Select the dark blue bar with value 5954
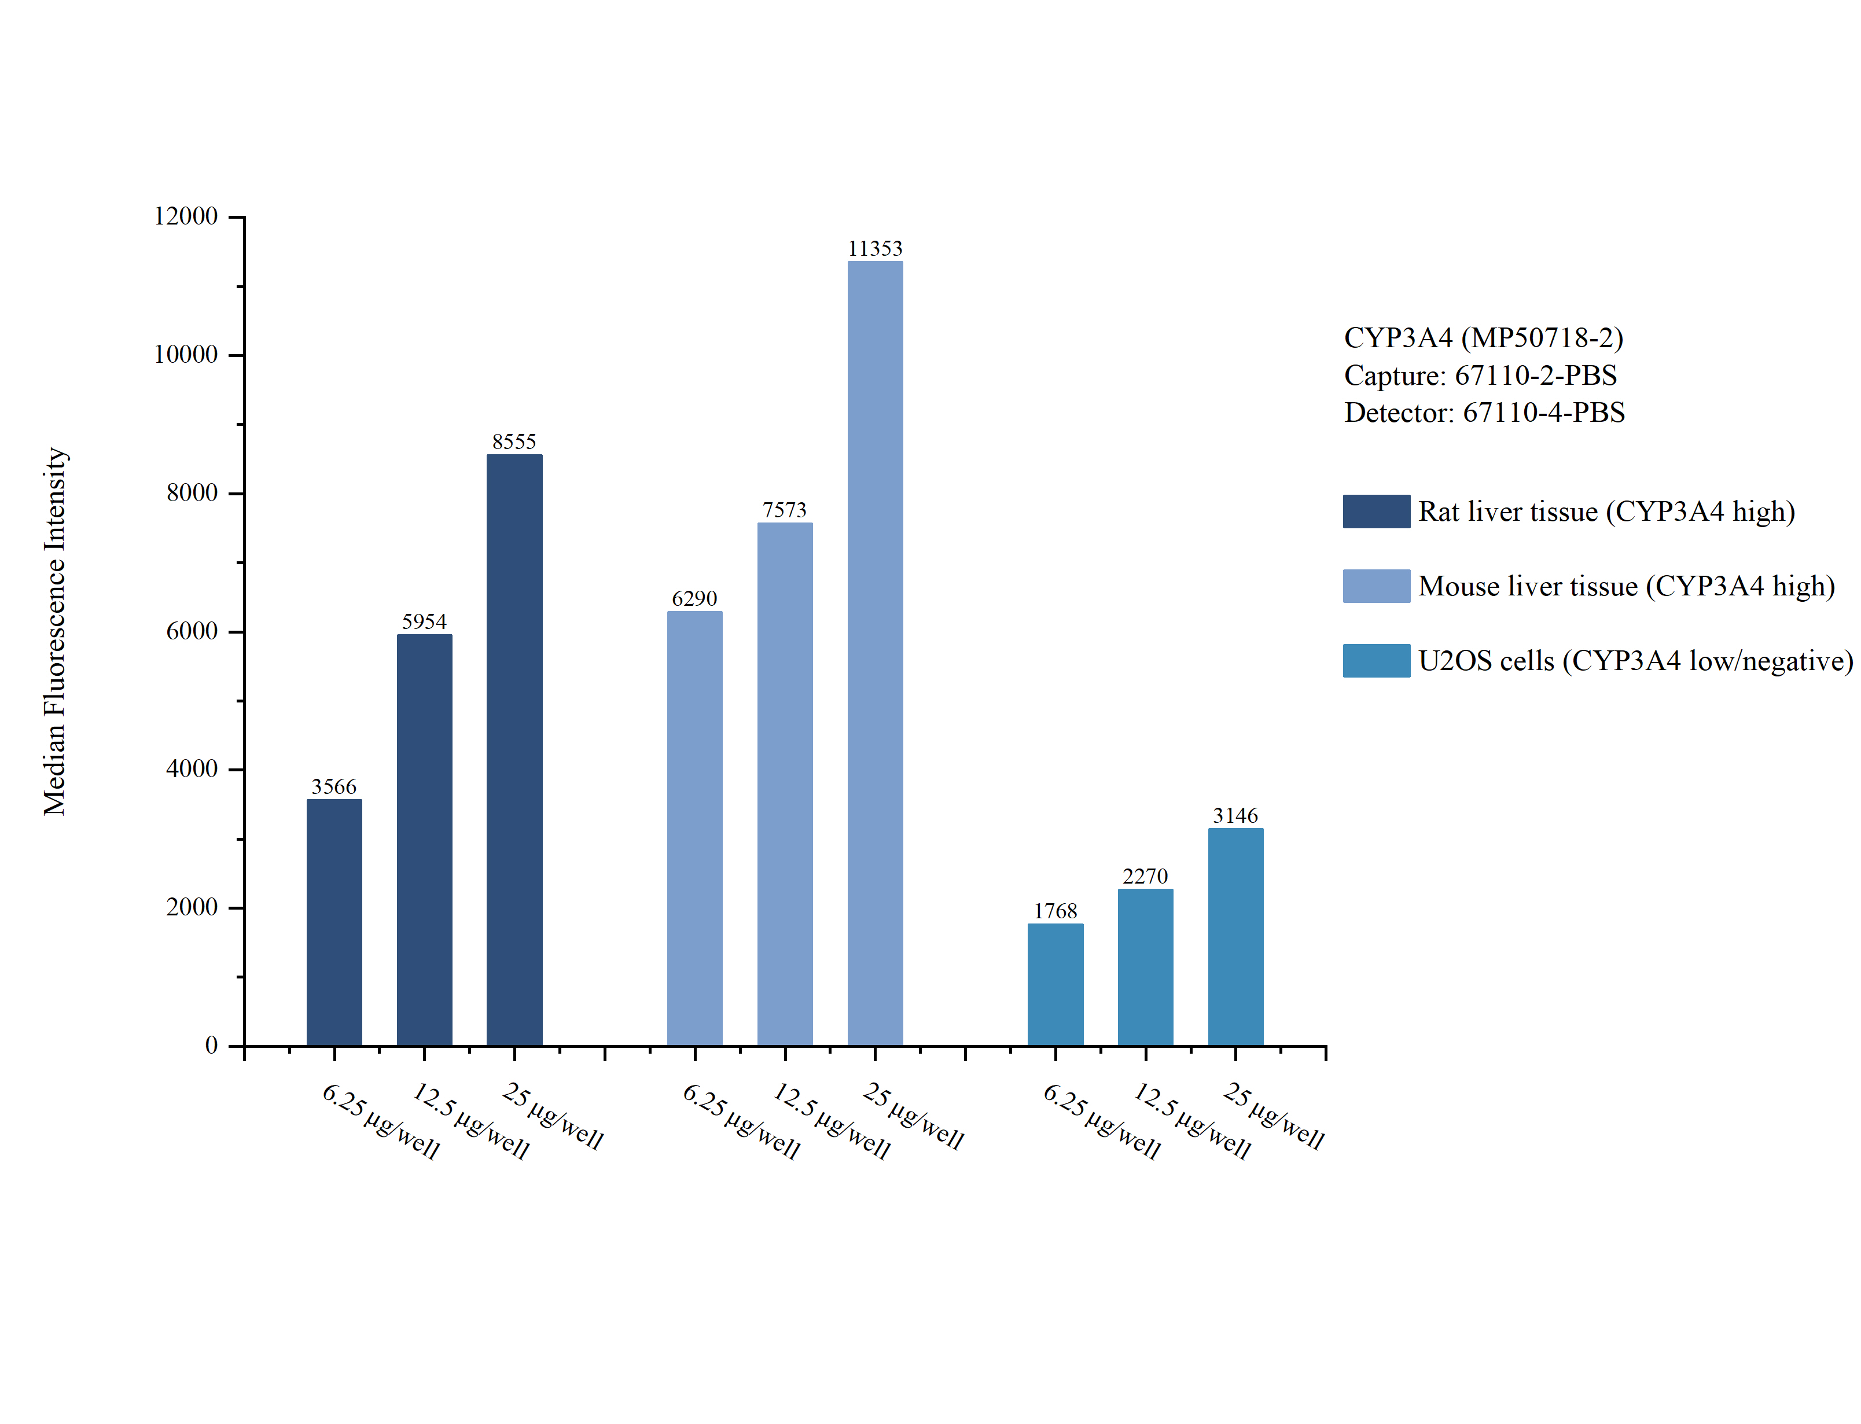coord(424,839)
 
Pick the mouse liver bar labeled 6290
coord(694,828)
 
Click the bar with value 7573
coord(785,783)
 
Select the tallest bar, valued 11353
coord(874,653)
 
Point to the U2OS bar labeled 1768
coord(1055,984)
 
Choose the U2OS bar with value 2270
coord(1145,967)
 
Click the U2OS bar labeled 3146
coord(1235,937)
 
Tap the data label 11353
coord(874,248)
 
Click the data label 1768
coord(1055,911)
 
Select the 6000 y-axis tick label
coord(192,631)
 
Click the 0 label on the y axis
coord(211,1045)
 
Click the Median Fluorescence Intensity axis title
coord(54,631)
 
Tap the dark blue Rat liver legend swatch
coord(1375,511)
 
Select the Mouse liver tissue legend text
coord(1625,586)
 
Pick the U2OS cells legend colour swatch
coord(1375,660)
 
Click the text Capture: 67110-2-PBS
coord(1480,374)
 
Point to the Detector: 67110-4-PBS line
coord(1484,412)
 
